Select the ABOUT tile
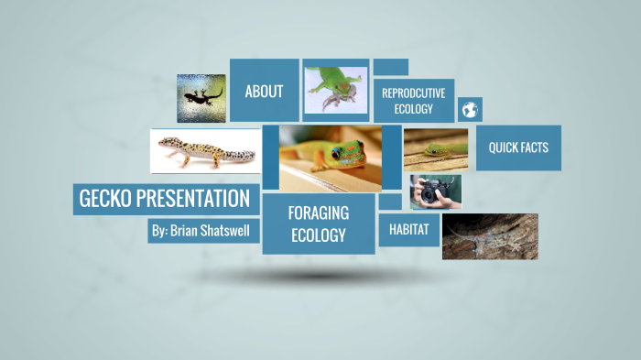264,92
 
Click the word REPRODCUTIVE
413,93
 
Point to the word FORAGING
318,213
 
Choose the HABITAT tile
408,229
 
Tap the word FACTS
536,147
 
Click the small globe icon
470,110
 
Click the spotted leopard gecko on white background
204,149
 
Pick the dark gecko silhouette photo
201,98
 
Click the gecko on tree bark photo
489,236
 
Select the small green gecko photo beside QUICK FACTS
435,149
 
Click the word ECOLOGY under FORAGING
318,235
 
